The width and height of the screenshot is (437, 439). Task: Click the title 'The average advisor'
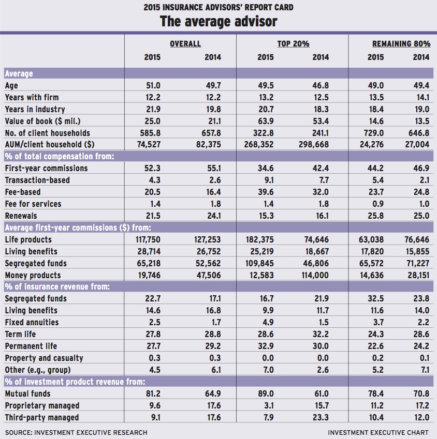218,21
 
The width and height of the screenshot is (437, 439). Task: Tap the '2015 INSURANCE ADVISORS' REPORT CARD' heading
218,7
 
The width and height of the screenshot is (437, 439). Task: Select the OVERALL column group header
185,43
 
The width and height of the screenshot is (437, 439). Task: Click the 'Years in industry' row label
35,109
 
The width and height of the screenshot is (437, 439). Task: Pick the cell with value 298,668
312,145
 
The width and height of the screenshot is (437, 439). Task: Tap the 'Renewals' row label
21,216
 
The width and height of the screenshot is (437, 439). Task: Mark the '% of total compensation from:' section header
60,156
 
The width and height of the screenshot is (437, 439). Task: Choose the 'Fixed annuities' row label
32,322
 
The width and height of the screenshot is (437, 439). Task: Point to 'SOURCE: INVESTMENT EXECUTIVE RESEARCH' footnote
76,432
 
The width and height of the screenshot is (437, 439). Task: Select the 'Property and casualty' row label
44,358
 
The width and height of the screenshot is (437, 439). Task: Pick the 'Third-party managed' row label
42,417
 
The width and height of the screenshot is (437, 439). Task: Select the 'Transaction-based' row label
37,180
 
